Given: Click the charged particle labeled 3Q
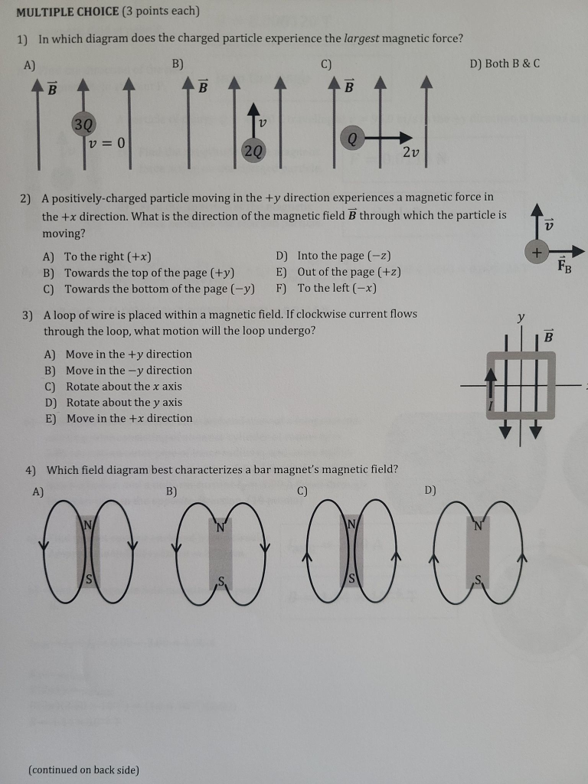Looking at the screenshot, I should click(83, 124).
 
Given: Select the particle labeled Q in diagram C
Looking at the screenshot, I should click(351, 139).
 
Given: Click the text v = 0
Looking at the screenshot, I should click(106, 143).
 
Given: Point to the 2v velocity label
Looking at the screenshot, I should click(410, 152).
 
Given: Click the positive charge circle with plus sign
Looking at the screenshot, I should click(537, 251).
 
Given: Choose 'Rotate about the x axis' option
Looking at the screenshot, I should click(123, 386).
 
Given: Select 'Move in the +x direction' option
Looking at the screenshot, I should click(129, 418).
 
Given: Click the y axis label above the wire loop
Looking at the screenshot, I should click(521, 316).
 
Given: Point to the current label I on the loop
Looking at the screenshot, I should click(490, 406).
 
